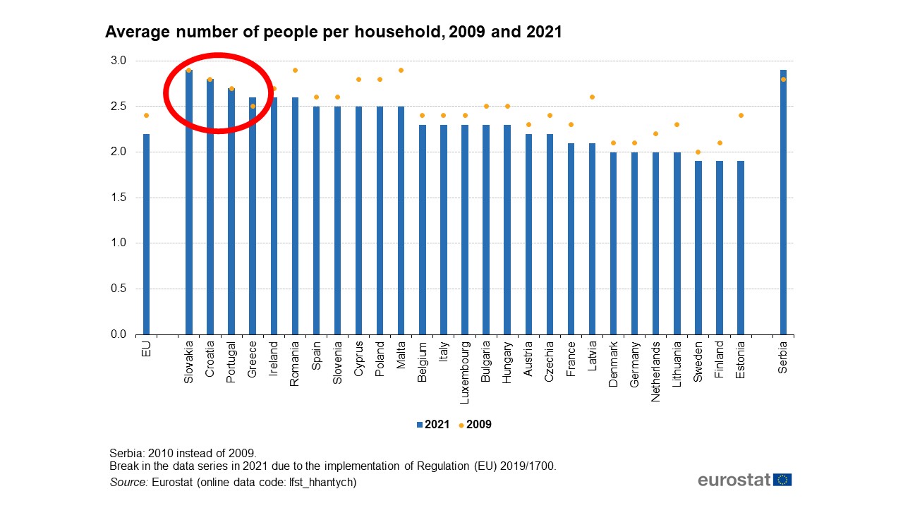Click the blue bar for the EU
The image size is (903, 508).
146,234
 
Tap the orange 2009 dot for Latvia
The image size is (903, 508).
592,97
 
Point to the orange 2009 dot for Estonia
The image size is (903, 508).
741,115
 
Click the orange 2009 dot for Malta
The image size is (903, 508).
401,70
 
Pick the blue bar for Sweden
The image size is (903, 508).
698,248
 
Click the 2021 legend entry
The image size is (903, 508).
432,425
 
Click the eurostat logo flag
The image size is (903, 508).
782,480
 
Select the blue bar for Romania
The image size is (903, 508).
295,216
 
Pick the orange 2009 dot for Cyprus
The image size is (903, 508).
358,79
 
